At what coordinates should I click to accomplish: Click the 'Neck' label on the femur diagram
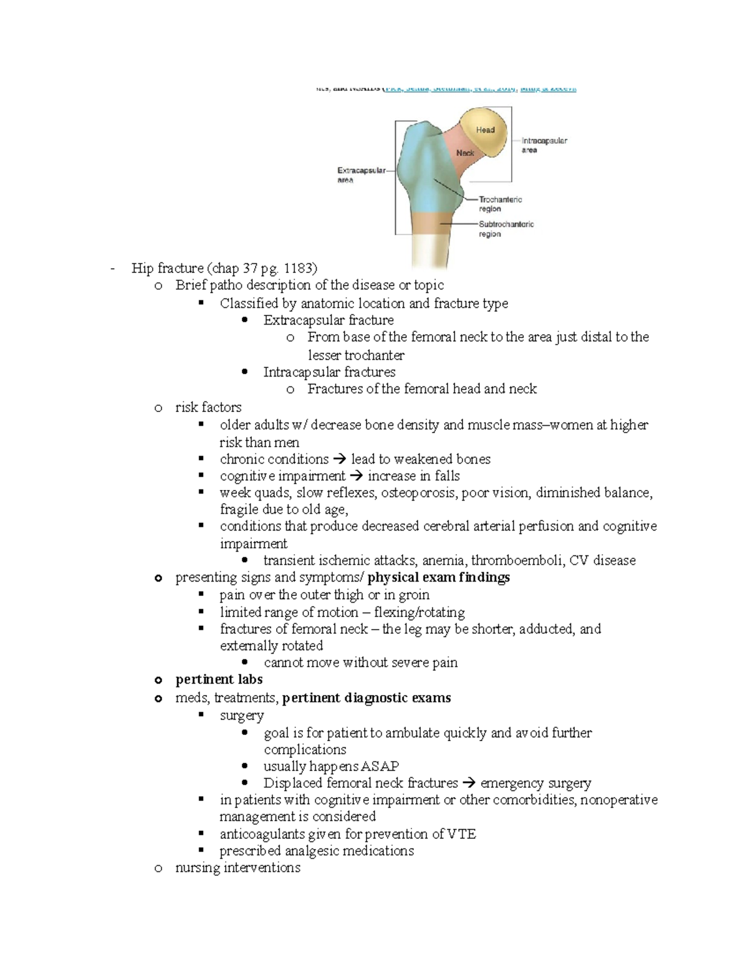point(465,153)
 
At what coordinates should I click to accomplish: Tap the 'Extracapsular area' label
point(362,175)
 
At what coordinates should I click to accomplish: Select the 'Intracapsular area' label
point(544,145)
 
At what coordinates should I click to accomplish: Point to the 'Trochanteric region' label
point(500,204)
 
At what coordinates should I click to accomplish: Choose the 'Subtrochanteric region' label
point(506,229)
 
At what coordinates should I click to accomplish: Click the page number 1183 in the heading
point(298,268)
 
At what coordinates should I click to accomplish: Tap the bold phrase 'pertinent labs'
point(219,679)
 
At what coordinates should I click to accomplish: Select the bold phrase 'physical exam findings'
point(439,577)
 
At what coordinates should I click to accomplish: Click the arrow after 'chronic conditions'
point(339,459)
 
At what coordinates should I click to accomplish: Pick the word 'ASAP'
point(380,766)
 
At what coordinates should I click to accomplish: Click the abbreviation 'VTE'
point(462,834)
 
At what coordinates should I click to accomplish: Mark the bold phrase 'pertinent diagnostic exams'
point(367,698)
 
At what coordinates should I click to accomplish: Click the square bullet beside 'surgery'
point(201,714)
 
